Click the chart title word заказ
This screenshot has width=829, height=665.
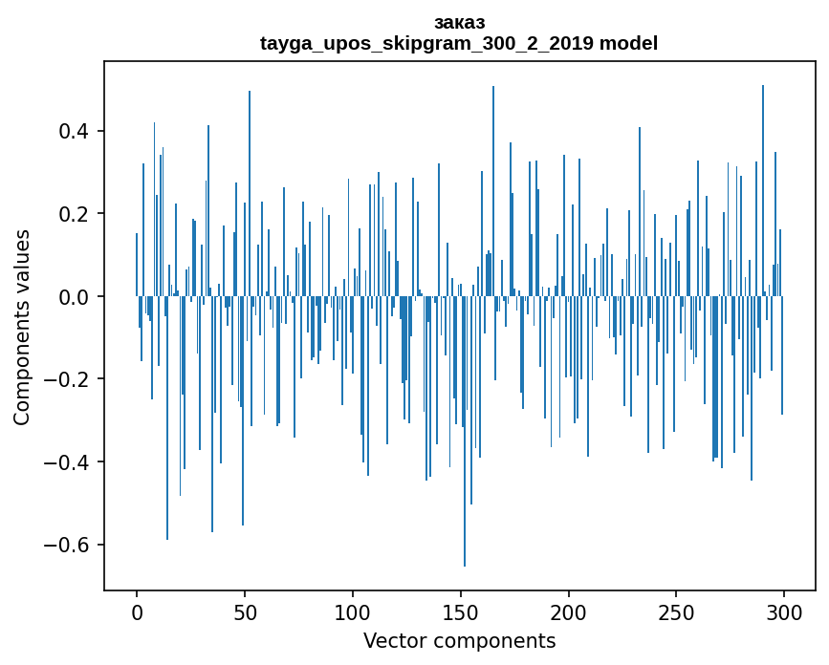pyautogui.click(x=459, y=23)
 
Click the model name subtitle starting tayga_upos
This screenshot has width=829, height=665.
pyautogui.click(x=459, y=43)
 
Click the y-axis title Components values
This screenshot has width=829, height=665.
pyautogui.click(x=22, y=327)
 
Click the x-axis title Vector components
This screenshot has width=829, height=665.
pyautogui.click(x=459, y=641)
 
